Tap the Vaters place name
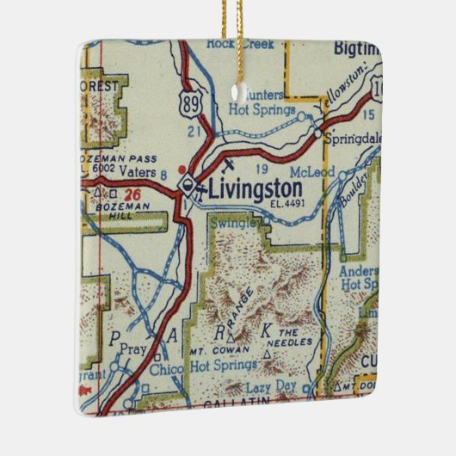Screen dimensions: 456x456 pyautogui.click(x=138, y=173)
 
